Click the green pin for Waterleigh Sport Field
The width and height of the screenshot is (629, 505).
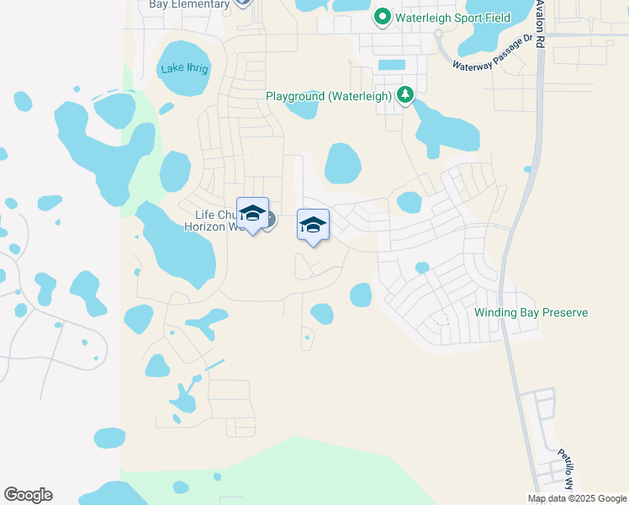coord(382,16)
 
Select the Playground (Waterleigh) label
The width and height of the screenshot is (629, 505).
coord(329,96)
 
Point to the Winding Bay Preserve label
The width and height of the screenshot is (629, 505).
coord(531,312)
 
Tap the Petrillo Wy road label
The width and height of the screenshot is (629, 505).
coord(566,470)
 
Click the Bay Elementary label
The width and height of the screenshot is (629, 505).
coord(189,4)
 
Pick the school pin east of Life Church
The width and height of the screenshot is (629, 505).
coord(313,226)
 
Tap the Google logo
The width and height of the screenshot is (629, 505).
coord(28,495)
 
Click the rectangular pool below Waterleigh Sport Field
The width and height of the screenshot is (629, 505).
coord(391,65)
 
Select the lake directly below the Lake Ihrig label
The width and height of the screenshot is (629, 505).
coord(175,172)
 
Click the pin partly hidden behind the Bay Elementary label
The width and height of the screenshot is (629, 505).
coord(243,3)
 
